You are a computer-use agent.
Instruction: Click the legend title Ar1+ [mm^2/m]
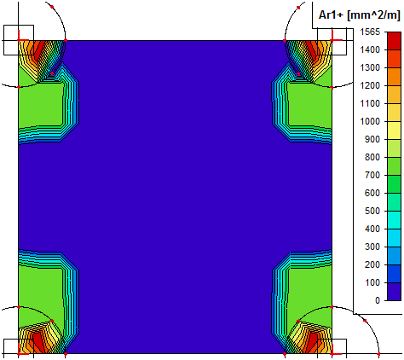[x=359, y=15]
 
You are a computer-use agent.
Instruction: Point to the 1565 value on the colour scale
[x=370, y=32]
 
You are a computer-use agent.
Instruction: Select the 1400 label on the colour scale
[x=370, y=49]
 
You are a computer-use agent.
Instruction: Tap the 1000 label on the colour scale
[x=370, y=121]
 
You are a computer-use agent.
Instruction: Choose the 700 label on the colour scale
[x=372, y=175]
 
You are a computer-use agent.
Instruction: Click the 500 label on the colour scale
[x=372, y=211]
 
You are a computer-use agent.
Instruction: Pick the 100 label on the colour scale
[x=372, y=282]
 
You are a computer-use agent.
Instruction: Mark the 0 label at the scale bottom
[x=378, y=300]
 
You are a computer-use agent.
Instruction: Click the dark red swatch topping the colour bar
[x=394, y=41]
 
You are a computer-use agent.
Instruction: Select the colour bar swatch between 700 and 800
[x=394, y=166]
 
